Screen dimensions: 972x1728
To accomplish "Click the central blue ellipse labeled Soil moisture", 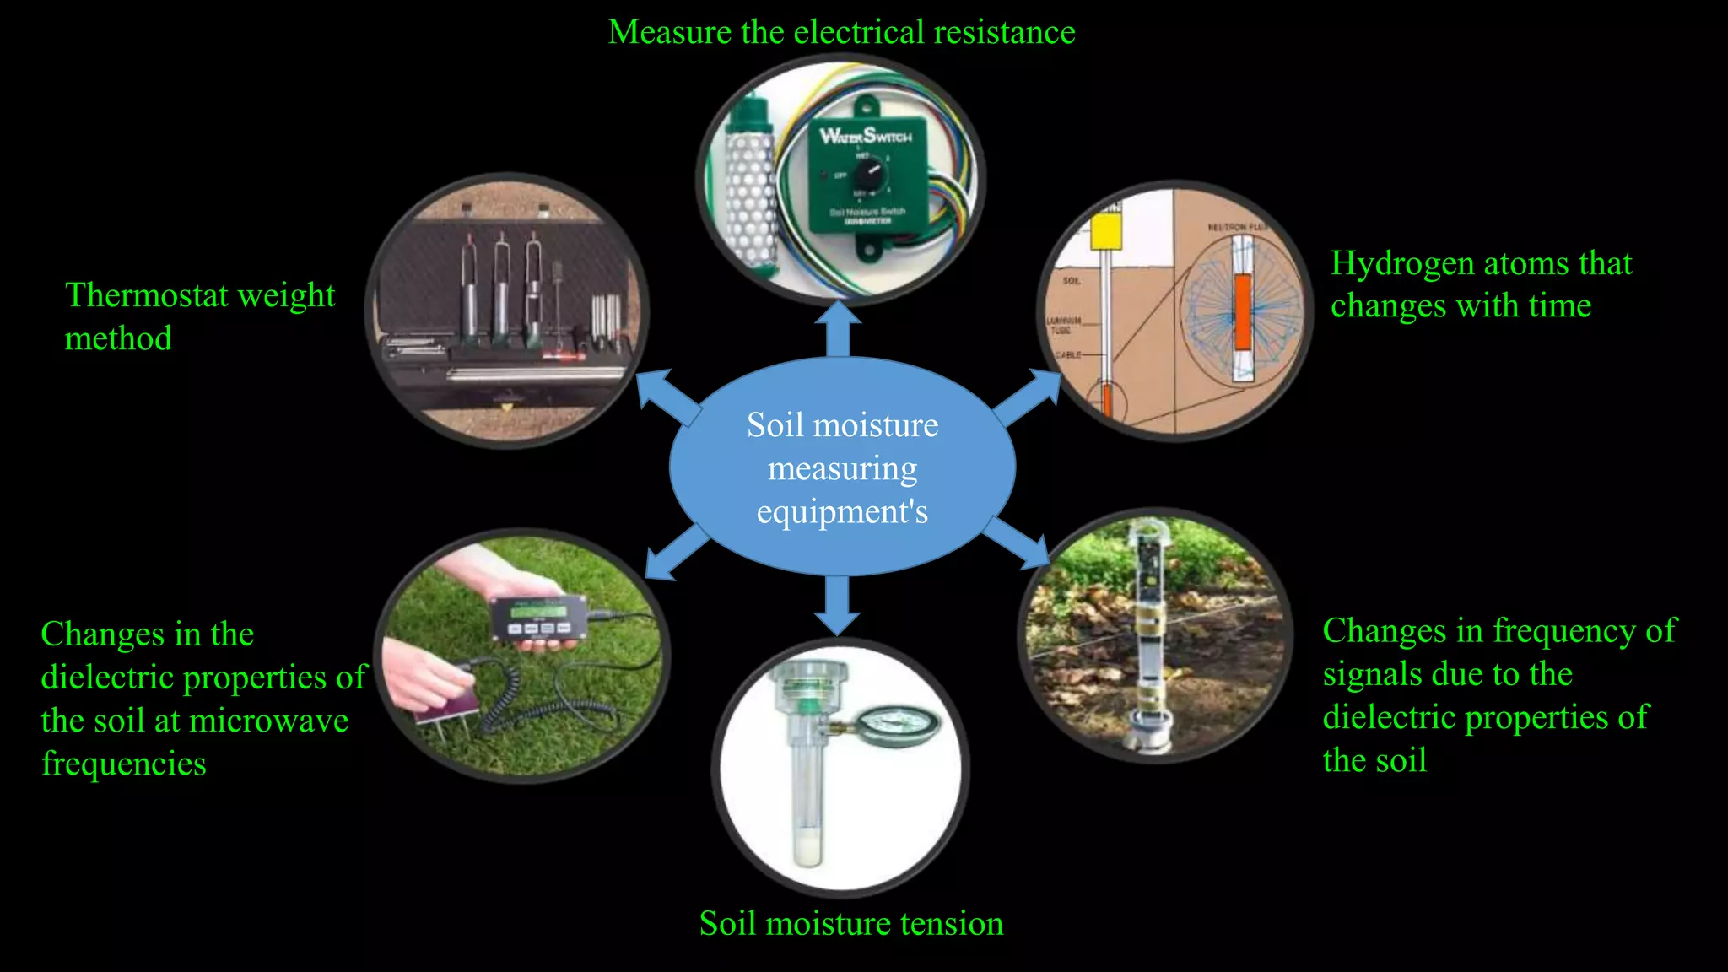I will pyautogui.click(x=842, y=467).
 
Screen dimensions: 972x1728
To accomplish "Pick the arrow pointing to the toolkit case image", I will pyautogui.click(x=667, y=397).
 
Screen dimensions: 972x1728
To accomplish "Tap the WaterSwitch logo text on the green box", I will pyautogui.click(x=866, y=136).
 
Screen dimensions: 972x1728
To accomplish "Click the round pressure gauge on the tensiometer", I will pyautogui.click(x=898, y=724).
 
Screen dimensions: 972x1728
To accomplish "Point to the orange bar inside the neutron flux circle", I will pyautogui.click(x=1242, y=311).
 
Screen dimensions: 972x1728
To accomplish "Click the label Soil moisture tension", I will pyautogui.click(x=850, y=923).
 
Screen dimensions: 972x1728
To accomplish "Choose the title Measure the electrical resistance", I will pyautogui.click(x=841, y=32).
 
